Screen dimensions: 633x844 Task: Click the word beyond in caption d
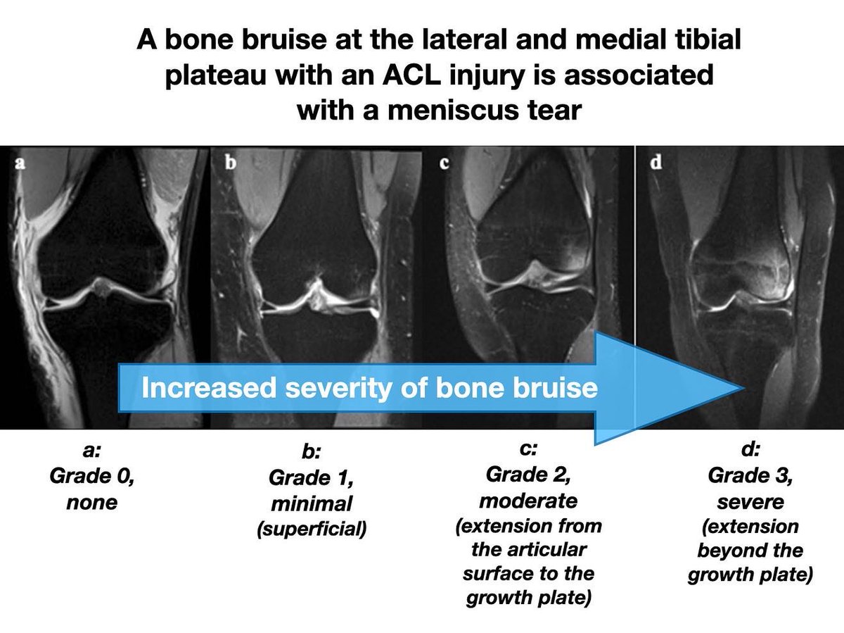(x=750, y=550)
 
